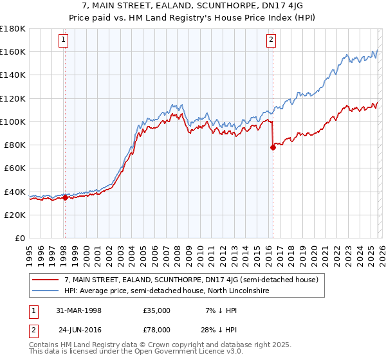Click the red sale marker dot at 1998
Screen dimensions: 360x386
pyautogui.click(x=65, y=198)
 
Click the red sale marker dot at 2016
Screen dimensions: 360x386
pyautogui.click(x=273, y=147)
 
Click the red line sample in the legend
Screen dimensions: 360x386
pyautogui.click(x=46, y=280)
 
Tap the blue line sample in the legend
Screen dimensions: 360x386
pyautogui.click(x=46, y=291)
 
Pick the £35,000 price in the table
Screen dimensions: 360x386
pyautogui.click(x=156, y=310)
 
